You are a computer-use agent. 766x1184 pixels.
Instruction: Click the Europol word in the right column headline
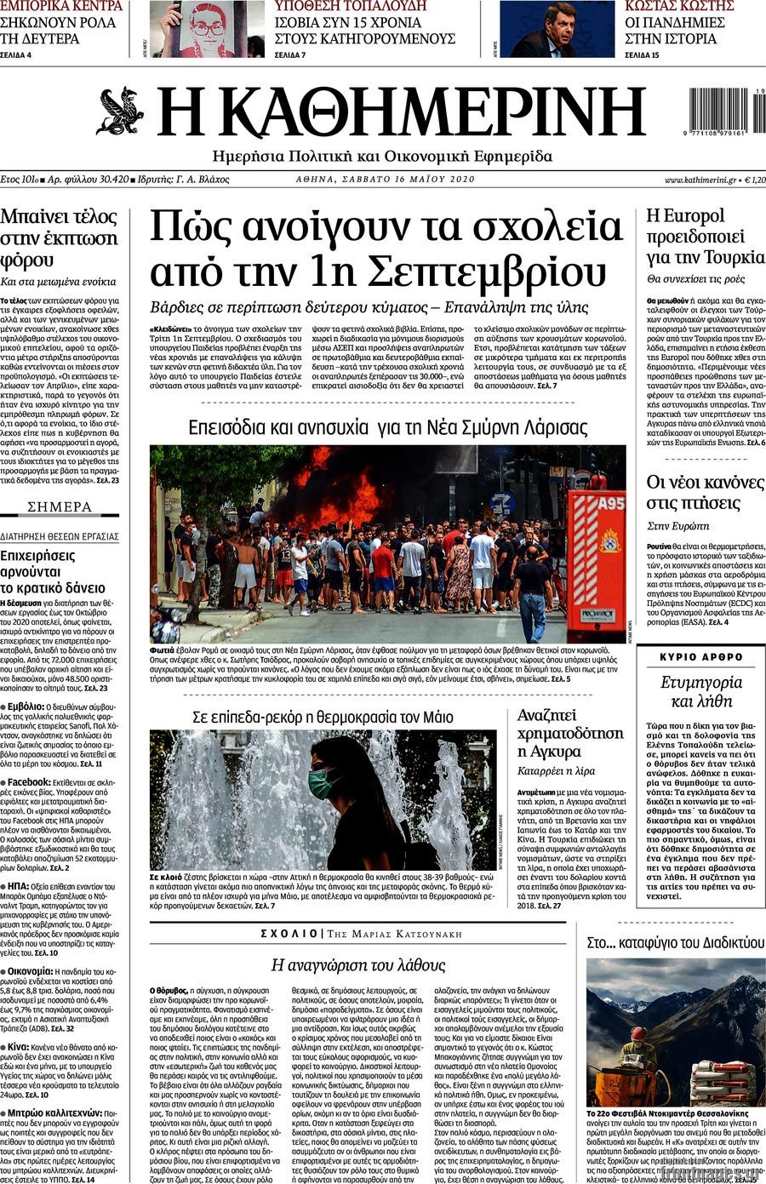coord(697,215)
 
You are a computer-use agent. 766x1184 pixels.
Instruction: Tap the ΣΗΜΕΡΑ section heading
coord(60,506)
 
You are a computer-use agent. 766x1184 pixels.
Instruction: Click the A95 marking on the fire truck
coord(609,503)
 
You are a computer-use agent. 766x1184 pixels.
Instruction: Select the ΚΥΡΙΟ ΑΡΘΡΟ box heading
coord(701,657)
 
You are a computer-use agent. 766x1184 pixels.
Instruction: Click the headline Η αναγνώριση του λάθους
coord(358,964)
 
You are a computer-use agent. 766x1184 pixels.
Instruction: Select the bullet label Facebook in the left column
coord(29,781)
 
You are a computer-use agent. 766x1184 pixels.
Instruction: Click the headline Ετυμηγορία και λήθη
coord(701,691)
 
